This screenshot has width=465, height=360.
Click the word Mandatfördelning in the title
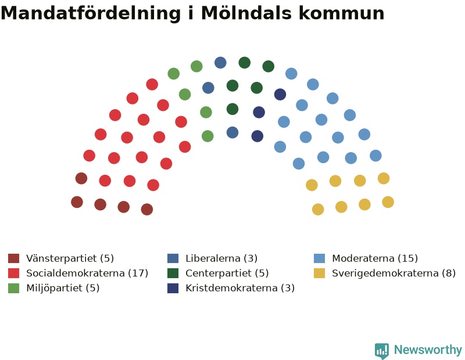[x=91, y=13]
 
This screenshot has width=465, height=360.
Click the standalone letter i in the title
[x=191, y=13]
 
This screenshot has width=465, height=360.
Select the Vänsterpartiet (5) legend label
[x=70, y=258]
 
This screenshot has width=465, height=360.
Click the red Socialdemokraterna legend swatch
[x=13, y=273]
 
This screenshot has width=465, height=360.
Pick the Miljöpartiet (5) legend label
[x=63, y=288]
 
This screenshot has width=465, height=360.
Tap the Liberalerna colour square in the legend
[x=173, y=258]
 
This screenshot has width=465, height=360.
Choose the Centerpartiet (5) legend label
[x=227, y=273]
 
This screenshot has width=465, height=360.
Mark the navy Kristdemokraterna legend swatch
[x=173, y=288]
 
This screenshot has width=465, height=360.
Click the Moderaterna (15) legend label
[x=375, y=258]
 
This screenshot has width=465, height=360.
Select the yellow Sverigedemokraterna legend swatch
[x=319, y=273]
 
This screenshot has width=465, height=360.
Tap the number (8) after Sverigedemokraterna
[x=449, y=273]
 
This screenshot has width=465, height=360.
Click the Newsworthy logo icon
[x=382, y=351]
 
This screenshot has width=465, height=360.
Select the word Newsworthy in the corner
[x=428, y=350]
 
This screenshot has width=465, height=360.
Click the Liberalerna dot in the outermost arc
[x=220, y=63]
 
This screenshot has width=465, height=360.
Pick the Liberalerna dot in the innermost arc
[x=233, y=132]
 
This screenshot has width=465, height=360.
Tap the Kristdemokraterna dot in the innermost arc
[x=257, y=136]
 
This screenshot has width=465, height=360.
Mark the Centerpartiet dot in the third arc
[x=233, y=109]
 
